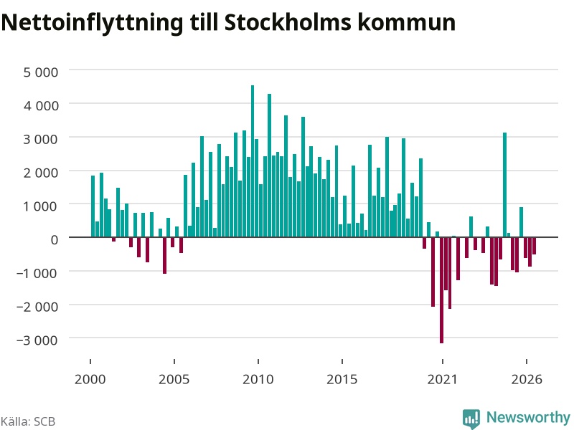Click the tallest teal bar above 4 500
[x=253, y=161]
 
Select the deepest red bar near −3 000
[x=441, y=290]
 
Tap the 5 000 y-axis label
[x=41, y=72]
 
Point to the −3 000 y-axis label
[x=37, y=340]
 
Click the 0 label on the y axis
[x=55, y=240]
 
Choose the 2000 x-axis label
[x=90, y=379]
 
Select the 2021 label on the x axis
[x=442, y=379]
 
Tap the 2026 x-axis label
[x=527, y=379]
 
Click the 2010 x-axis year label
[x=258, y=379]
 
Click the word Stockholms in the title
[x=288, y=22]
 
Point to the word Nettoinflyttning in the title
[x=92, y=24]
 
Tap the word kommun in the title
[x=407, y=22]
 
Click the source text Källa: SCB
[x=28, y=421]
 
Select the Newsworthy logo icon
[x=471, y=419]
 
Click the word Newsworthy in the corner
[x=528, y=417]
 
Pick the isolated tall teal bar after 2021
[x=504, y=185]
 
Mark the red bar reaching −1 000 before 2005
[x=165, y=255]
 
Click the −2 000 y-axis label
[x=37, y=307]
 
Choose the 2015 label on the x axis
[x=342, y=379]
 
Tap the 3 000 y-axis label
[x=41, y=139]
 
